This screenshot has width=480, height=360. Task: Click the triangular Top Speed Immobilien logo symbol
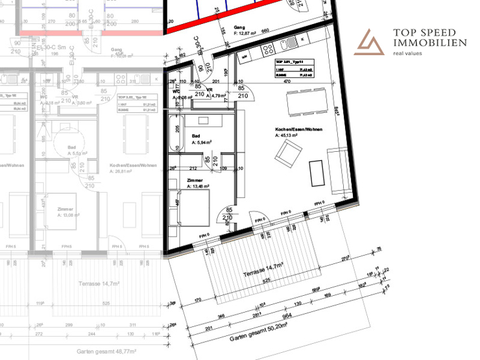click(x=372, y=43)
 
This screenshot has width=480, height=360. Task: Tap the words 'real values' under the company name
click(x=411, y=54)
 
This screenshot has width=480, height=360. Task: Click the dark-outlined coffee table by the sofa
click(x=317, y=172)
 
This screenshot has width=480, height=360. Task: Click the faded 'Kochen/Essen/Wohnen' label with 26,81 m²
click(x=134, y=165)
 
